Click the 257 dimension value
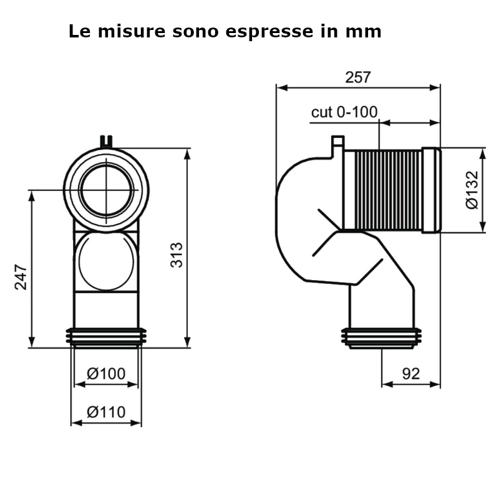tap(358, 77)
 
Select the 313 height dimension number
tap(177, 255)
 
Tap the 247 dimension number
tap(21, 277)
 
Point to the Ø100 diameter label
tap(106, 373)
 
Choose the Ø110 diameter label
tap(106, 412)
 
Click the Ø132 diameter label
tap(472, 190)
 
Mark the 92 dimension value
tap(411, 374)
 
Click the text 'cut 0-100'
tap(344, 112)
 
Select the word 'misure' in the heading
tap(132, 32)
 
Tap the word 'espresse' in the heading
tap(269, 32)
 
